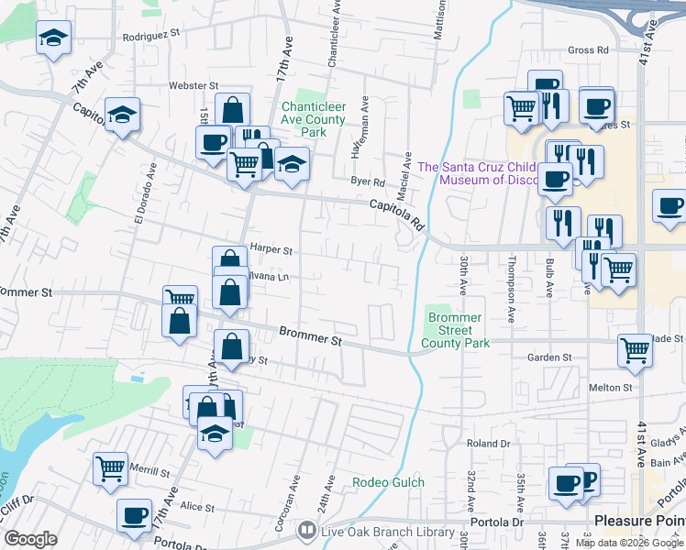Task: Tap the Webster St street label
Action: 191,85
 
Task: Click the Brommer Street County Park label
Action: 456,330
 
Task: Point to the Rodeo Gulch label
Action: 389,482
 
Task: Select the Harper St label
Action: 271,249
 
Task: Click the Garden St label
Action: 549,357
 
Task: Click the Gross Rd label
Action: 589,50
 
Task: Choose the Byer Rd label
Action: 368,181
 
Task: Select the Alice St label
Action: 197,507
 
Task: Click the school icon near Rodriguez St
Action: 53,39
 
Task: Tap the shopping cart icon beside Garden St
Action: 636,350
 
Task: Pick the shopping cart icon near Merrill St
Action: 111,468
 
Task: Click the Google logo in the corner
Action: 31,538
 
